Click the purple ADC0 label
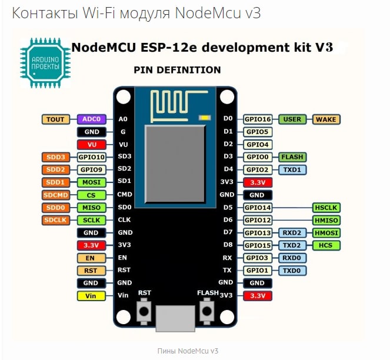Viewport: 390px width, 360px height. click(92, 119)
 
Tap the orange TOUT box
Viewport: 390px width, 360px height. click(56, 119)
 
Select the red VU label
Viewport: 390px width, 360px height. click(92, 144)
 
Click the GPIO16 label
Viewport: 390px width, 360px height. click(257, 119)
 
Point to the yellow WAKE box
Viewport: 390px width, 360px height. click(326, 119)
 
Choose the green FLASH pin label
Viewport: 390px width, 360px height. click(292, 157)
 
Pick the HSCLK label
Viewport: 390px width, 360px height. click(326, 208)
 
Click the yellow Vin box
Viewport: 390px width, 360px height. click(92, 295)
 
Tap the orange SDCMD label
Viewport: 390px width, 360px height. click(56, 195)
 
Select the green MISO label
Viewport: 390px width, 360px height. click(92, 208)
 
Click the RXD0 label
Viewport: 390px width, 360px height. click(292, 258)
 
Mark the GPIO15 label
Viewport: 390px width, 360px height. click(257, 245)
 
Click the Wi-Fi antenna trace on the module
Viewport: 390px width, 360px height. click(170, 103)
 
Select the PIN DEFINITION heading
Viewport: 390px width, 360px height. click(177, 70)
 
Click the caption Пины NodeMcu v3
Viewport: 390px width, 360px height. click(188, 351)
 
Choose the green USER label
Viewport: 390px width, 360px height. click(292, 119)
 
